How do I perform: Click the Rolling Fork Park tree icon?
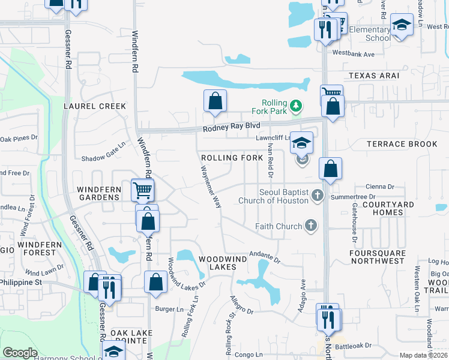(295, 107)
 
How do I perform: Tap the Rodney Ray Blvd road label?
(231, 127)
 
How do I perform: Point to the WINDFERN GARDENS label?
(98, 193)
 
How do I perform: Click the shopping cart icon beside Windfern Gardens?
(142, 191)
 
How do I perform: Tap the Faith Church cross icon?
(310, 226)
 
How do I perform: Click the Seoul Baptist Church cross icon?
(318, 196)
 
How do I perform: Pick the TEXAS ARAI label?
(373, 76)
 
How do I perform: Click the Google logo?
(20, 353)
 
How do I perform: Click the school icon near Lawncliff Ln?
(302, 143)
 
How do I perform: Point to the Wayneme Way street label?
(209, 187)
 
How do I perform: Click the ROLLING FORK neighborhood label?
(232, 158)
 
